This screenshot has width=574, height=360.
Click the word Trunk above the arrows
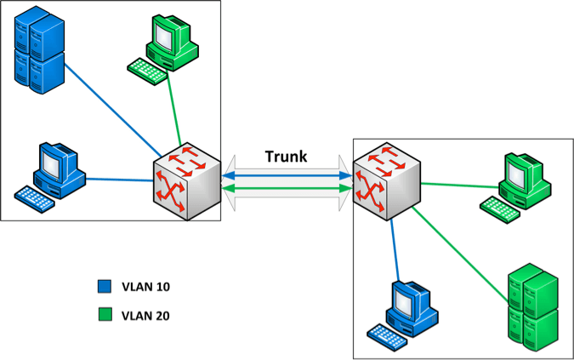pyautogui.click(x=287, y=157)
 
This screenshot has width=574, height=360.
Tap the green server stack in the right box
pyautogui.click(x=532, y=307)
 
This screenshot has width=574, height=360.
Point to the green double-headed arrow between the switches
pyautogui.click(x=287, y=189)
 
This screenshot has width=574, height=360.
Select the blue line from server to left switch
pyautogui.click(x=111, y=111)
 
